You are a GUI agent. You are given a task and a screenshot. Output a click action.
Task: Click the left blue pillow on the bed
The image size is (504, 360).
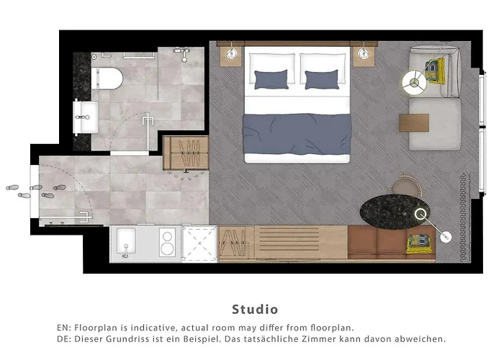271,78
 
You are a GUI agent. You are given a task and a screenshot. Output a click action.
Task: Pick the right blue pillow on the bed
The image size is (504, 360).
321,79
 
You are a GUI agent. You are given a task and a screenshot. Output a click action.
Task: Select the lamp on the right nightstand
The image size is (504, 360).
364,53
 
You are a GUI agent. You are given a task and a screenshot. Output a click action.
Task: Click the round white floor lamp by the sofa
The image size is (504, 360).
415,81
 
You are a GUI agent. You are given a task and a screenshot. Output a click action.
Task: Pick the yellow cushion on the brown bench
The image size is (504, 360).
417,243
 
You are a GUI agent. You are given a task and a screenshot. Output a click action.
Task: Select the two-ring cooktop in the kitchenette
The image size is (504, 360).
167,243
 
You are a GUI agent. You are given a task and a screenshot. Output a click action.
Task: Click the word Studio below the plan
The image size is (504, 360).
254,310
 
